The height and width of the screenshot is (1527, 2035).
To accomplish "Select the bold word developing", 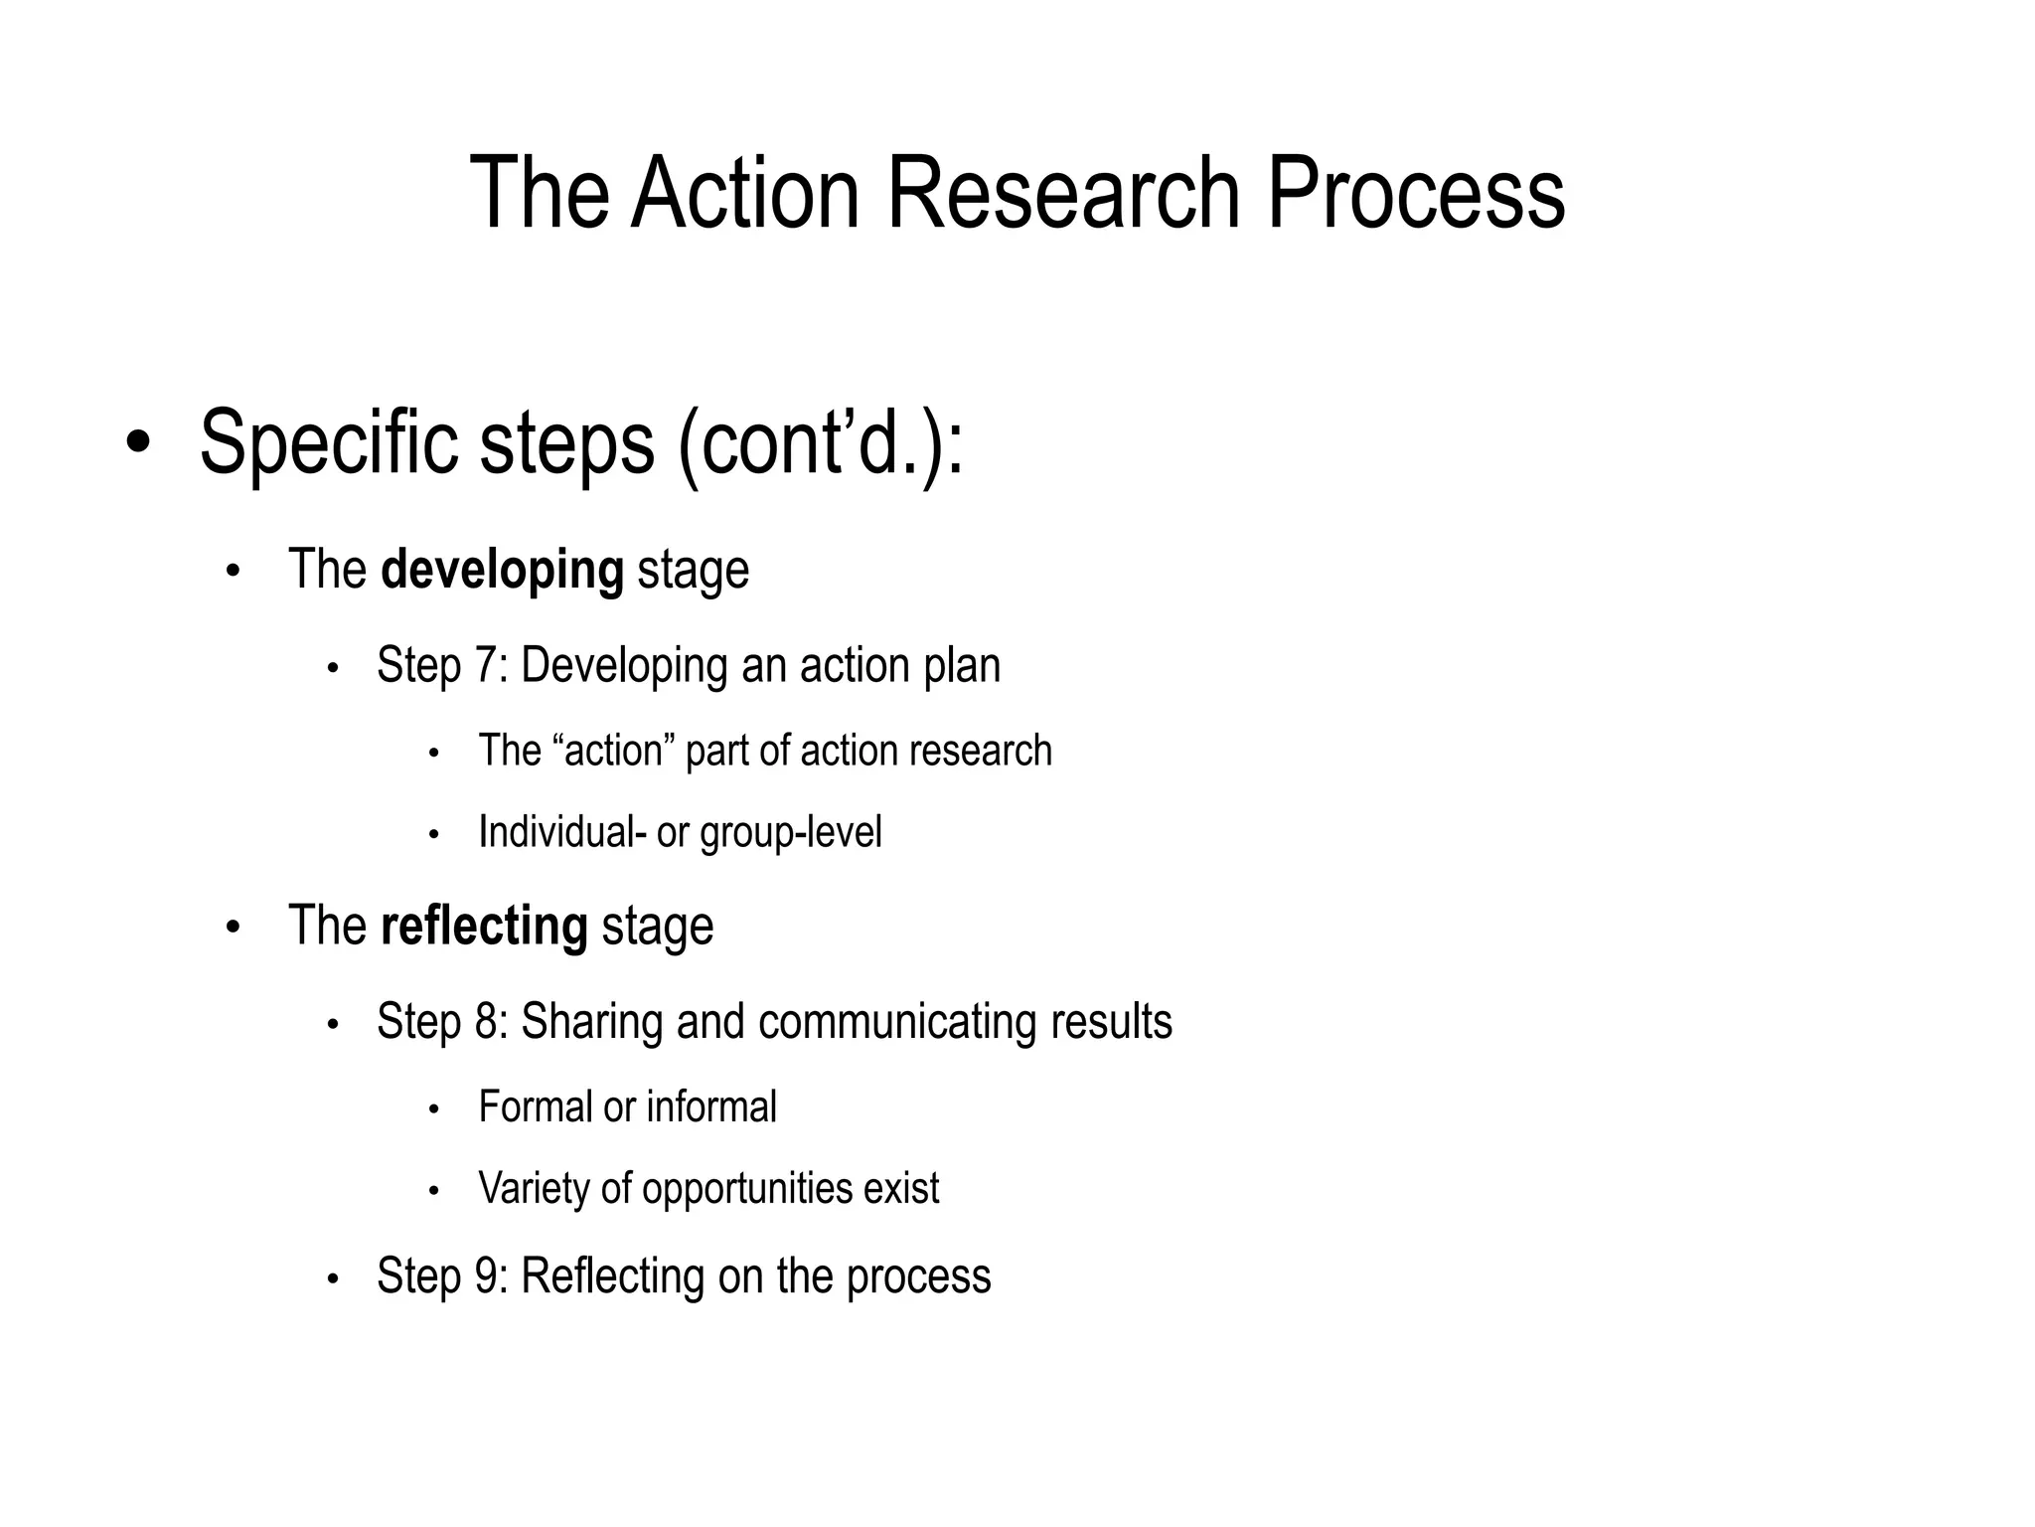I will [x=502, y=570].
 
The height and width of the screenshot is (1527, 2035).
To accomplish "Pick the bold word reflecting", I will [x=484, y=926].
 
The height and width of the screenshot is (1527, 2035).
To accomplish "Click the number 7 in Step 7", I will [x=486, y=665].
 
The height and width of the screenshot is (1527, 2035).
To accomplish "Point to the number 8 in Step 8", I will [x=486, y=1021].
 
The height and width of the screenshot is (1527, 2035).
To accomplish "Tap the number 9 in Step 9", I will [x=486, y=1275].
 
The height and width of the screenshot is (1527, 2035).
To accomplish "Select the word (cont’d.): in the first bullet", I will [x=820, y=442].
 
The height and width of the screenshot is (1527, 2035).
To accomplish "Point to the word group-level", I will [x=791, y=833].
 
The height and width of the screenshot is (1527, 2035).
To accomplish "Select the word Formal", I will [x=534, y=1106].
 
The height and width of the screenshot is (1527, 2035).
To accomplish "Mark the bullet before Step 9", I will [x=334, y=1279].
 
